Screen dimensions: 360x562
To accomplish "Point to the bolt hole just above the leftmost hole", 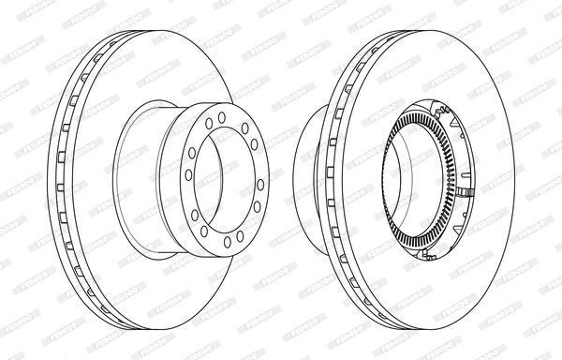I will [192, 153].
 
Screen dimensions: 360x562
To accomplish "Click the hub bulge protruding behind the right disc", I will [309, 178].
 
